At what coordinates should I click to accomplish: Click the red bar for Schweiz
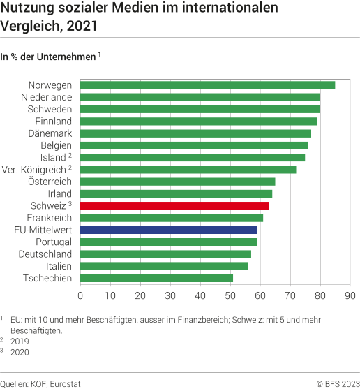click(174, 205)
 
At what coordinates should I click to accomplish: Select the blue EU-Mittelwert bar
click(169, 230)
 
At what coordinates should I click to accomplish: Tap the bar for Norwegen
click(207, 85)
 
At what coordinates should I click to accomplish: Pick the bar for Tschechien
click(156, 278)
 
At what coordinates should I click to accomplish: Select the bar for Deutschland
click(165, 254)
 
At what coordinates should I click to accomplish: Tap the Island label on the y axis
click(53, 157)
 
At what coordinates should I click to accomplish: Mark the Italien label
click(58, 266)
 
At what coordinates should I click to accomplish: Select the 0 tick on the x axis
click(80, 296)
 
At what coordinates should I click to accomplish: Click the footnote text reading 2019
click(20, 343)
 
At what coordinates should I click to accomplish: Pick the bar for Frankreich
click(172, 218)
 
